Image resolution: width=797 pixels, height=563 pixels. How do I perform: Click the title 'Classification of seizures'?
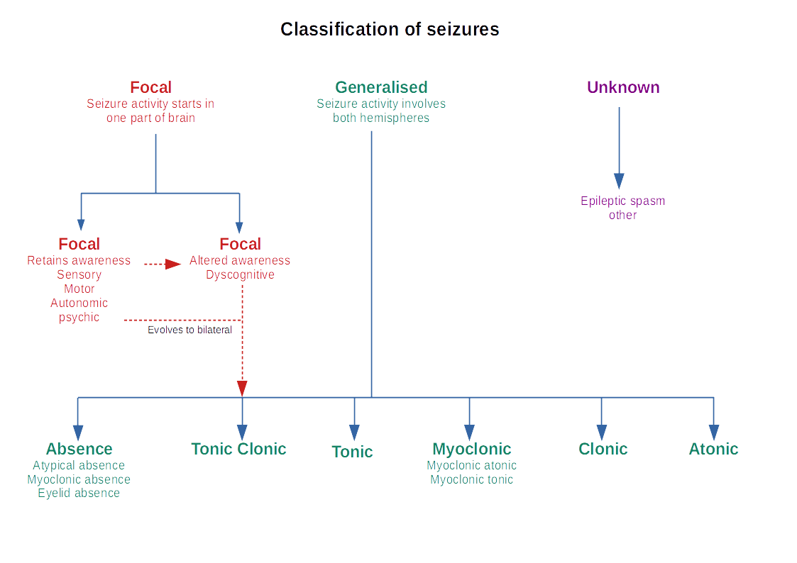[390, 29]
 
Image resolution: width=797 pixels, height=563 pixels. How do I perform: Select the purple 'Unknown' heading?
[622, 87]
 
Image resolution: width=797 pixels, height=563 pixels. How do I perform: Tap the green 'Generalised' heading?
[381, 87]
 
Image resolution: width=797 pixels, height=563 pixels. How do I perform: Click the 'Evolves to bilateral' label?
[189, 330]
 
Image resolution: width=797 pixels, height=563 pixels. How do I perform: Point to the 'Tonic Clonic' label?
[238, 449]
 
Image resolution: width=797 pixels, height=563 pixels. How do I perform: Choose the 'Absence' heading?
[79, 449]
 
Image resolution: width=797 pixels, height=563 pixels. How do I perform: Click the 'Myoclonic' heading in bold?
[471, 449]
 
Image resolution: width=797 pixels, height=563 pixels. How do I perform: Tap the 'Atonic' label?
[713, 449]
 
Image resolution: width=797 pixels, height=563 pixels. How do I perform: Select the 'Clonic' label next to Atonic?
[603, 449]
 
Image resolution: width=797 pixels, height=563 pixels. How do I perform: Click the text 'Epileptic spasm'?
[622, 201]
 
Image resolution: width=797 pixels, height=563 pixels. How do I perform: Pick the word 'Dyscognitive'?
[240, 274]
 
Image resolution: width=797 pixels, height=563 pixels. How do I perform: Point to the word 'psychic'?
[79, 317]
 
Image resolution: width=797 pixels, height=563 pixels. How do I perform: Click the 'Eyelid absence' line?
[79, 493]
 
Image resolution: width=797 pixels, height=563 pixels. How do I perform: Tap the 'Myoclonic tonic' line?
[471, 479]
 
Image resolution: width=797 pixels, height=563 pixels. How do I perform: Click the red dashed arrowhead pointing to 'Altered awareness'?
[173, 264]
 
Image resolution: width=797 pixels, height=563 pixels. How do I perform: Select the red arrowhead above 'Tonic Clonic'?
[242, 389]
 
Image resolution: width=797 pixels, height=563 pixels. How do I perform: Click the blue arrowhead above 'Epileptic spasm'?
[619, 182]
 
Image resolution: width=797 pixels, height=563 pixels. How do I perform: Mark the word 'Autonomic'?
[79, 303]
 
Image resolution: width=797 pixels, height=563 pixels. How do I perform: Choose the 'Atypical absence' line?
[79, 465]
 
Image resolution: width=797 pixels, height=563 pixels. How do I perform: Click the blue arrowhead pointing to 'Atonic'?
[713, 432]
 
